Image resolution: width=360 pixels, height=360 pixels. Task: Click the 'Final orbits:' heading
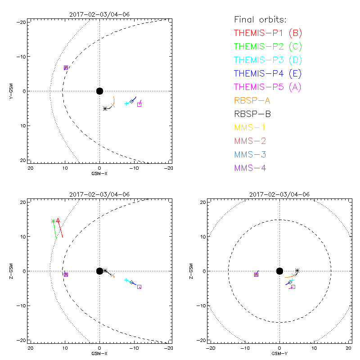[x=260, y=19]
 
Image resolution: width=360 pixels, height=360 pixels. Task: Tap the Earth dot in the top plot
[x=99, y=91]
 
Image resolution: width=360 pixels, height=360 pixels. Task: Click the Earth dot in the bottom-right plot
[x=279, y=271]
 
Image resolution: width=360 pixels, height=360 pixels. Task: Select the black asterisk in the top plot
[x=105, y=108]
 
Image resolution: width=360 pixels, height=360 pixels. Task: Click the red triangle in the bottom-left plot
[x=58, y=220]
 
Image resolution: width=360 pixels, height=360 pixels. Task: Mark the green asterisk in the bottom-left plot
[x=54, y=221]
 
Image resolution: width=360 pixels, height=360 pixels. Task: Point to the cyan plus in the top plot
[x=126, y=103]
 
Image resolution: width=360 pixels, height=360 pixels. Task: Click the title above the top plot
[x=99, y=14]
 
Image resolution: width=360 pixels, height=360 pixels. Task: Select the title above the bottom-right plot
[x=279, y=194]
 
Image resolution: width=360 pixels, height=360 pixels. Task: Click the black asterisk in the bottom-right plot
[x=297, y=271]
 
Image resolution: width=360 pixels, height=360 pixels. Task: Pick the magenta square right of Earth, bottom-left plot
[x=139, y=287]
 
